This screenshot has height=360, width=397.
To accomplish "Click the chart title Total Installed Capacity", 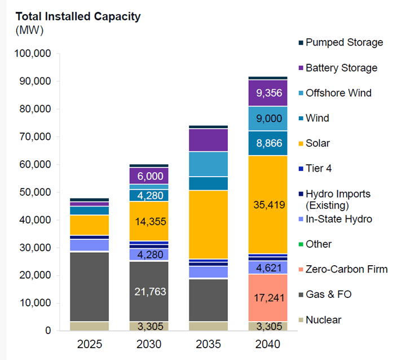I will point(78,16).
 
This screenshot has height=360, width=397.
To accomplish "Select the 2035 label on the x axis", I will point(208,344).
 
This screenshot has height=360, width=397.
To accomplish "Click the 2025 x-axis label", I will point(90,344).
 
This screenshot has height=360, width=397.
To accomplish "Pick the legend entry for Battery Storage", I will point(341,68).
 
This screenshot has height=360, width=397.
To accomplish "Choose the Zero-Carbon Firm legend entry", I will point(346,269).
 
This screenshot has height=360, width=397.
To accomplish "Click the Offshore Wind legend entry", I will point(338,93).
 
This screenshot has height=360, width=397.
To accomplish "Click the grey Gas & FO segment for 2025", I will point(90,287).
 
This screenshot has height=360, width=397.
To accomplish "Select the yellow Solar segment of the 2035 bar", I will point(208,225).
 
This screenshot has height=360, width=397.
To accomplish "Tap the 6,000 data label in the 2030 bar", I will point(149,176).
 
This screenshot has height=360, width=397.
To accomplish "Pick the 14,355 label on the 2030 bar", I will point(149,222).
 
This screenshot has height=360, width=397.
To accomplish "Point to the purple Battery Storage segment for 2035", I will point(208,140).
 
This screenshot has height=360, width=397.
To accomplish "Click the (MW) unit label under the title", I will point(29,30).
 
